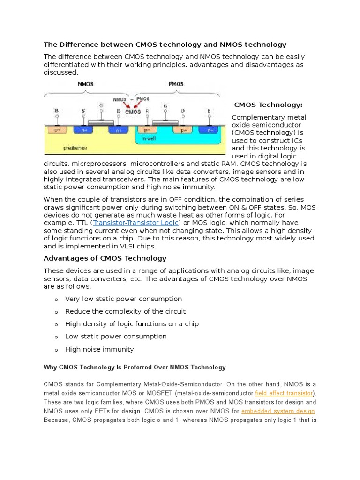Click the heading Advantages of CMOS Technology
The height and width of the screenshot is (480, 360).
tap(105, 258)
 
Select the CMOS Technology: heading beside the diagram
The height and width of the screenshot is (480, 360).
tap(268, 105)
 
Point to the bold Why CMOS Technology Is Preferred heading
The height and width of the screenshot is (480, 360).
tap(135, 367)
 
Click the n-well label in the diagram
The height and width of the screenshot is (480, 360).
tap(150, 139)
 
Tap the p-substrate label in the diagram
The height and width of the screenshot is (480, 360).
tap(75, 148)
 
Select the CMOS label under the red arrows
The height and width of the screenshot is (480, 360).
tap(133, 112)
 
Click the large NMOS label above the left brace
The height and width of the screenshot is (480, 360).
tap(85, 84)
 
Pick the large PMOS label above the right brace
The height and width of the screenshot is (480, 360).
tap(176, 84)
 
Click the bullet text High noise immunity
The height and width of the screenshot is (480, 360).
tap(99, 349)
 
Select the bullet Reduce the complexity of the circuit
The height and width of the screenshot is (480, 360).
tap(125, 311)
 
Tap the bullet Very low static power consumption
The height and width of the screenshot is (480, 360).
tap(123, 299)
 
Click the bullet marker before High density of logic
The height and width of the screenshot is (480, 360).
tap(56, 324)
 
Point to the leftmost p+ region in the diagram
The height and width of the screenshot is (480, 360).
tap(57, 130)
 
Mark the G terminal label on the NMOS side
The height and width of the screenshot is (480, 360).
tap(101, 106)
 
